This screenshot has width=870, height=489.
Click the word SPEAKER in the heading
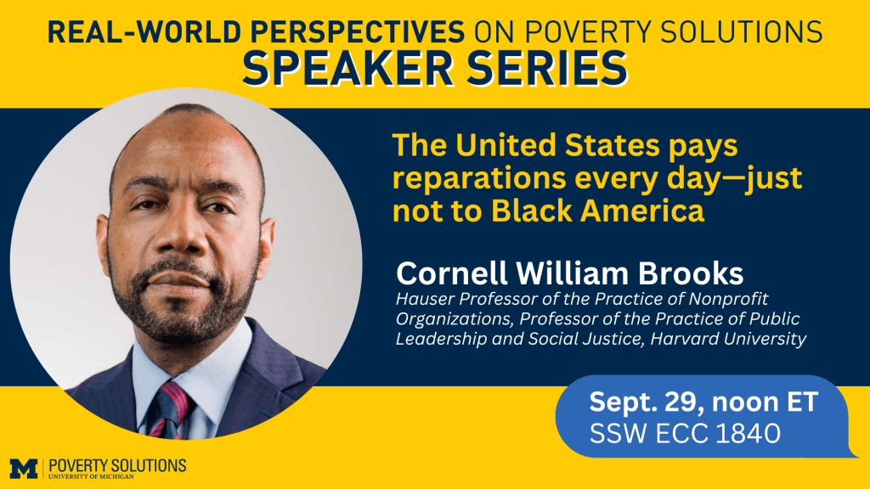click(347, 69)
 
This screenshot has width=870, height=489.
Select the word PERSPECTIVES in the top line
click(358, 31)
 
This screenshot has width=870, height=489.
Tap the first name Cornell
click(452, 273)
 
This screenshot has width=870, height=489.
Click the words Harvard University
click(728, 338)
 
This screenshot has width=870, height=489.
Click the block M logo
click(24, 469)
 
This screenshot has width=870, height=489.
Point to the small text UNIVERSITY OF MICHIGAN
click(91, 476)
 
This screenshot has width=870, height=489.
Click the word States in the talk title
click(612, 146)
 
